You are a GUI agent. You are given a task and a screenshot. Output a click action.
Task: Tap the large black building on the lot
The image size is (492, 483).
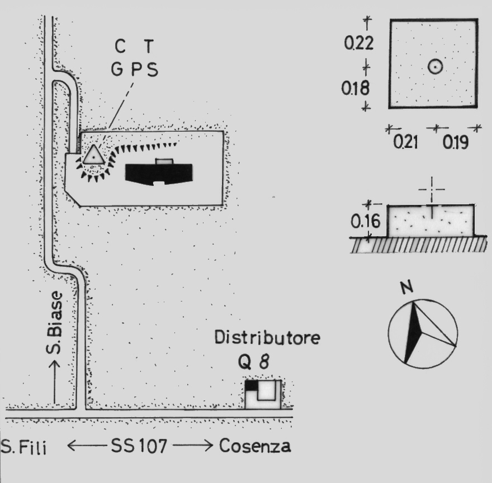tap(160, 173)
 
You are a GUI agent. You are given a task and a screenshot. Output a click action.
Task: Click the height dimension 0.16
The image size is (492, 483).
tap(366, 222)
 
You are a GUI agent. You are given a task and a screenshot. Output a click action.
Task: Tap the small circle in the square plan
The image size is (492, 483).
tap(436, 67)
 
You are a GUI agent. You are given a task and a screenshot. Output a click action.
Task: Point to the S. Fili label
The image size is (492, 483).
tap(25, 447)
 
